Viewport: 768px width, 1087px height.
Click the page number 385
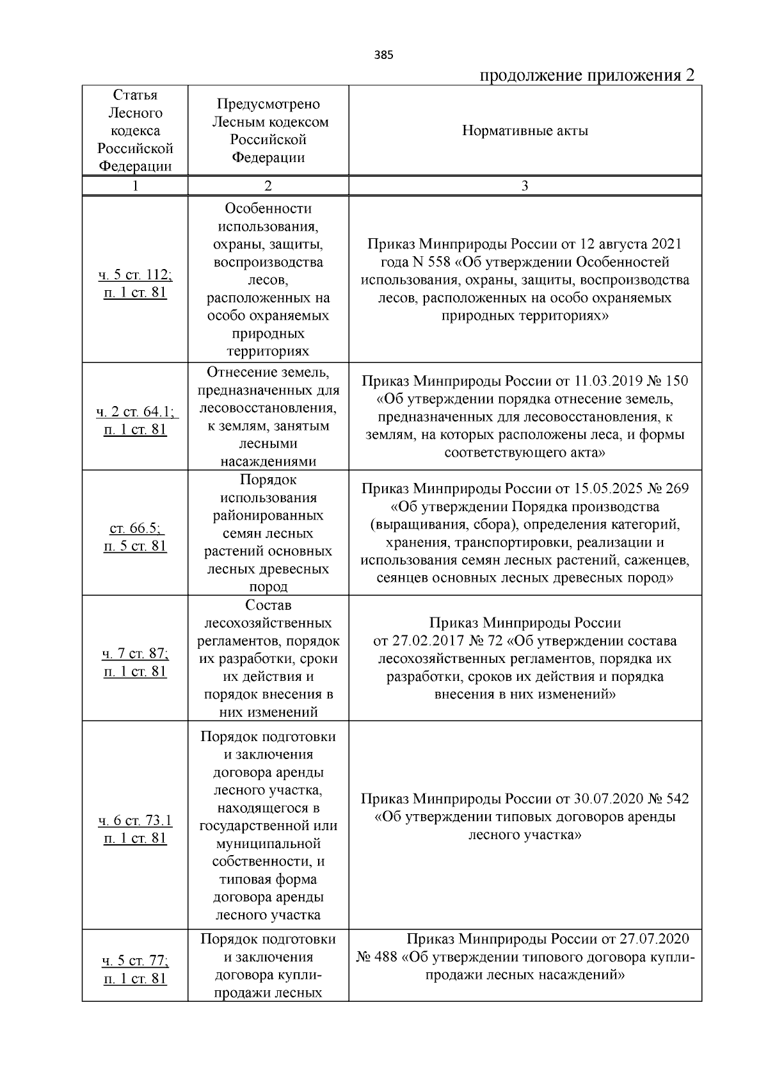click(383, 55)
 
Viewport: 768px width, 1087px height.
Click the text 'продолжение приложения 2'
click(587, 76)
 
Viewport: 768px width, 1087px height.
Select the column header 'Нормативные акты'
click(525, 131)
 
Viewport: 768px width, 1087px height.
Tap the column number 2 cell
click(268, 186)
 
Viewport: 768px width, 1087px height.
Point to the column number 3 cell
click(525, 186)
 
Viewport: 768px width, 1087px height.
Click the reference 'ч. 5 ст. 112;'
click(135, 275)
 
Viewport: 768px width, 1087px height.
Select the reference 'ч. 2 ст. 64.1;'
click(135, 412)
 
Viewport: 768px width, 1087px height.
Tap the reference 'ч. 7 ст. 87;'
click(135, 654)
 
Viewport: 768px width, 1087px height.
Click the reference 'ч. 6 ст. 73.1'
click(135, 821)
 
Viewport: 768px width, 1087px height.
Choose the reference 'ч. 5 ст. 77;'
click(135, 961)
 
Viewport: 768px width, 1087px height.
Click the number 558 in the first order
click(435, 263)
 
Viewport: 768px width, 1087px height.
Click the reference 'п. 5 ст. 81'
click(135, 546)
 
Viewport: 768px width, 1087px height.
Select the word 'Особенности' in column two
click(268, 209)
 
